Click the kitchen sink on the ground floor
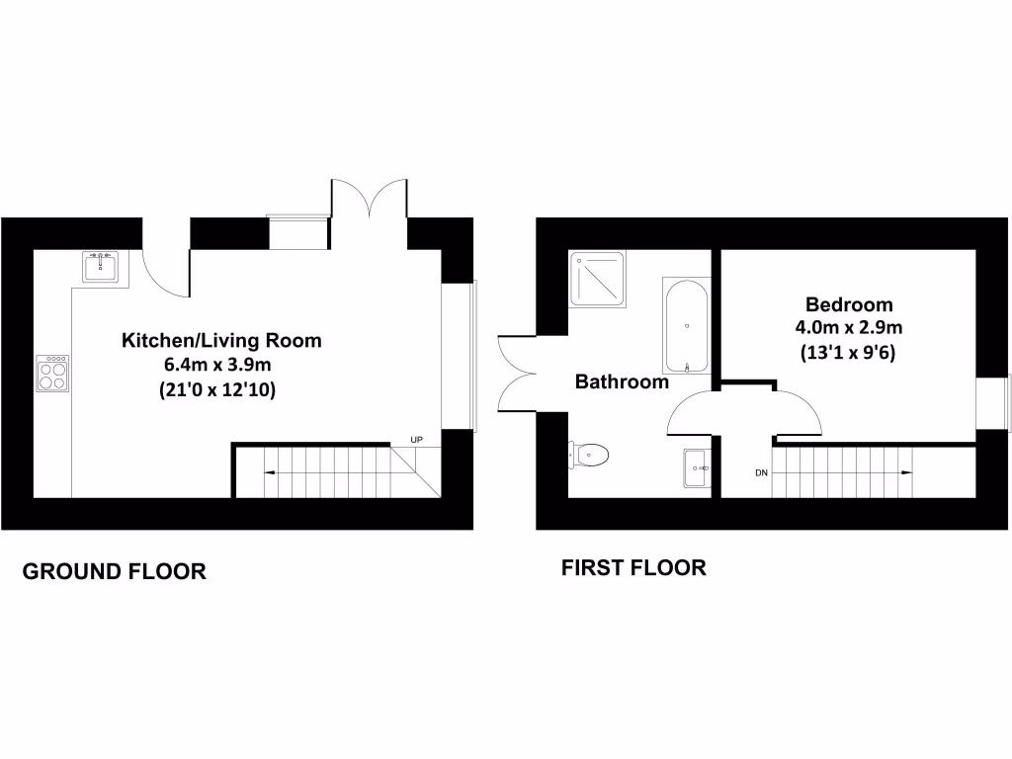101,267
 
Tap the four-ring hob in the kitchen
52,373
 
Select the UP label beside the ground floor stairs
417,439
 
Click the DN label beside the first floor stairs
762,473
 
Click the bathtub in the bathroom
686,324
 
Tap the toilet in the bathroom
590,455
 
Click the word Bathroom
623,381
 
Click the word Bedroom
849,304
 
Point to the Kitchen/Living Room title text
221,341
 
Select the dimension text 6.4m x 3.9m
217,366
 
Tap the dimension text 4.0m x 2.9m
849,328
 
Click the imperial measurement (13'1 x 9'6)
849,353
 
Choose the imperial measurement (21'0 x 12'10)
217,390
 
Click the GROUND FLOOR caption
115,571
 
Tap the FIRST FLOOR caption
633,568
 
